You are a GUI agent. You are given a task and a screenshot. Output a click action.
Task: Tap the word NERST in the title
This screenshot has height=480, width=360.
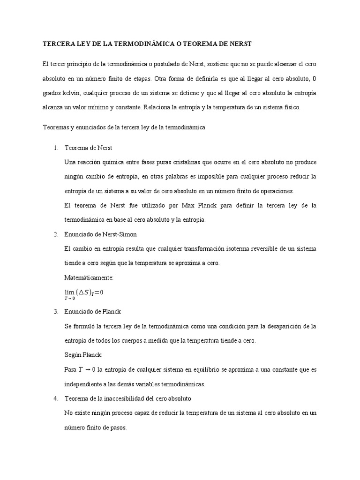coord(238,44)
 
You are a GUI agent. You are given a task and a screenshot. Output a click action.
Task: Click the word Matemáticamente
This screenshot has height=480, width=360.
coord(89,277)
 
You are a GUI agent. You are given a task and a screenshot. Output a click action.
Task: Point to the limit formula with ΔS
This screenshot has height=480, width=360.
coord(83,293)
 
